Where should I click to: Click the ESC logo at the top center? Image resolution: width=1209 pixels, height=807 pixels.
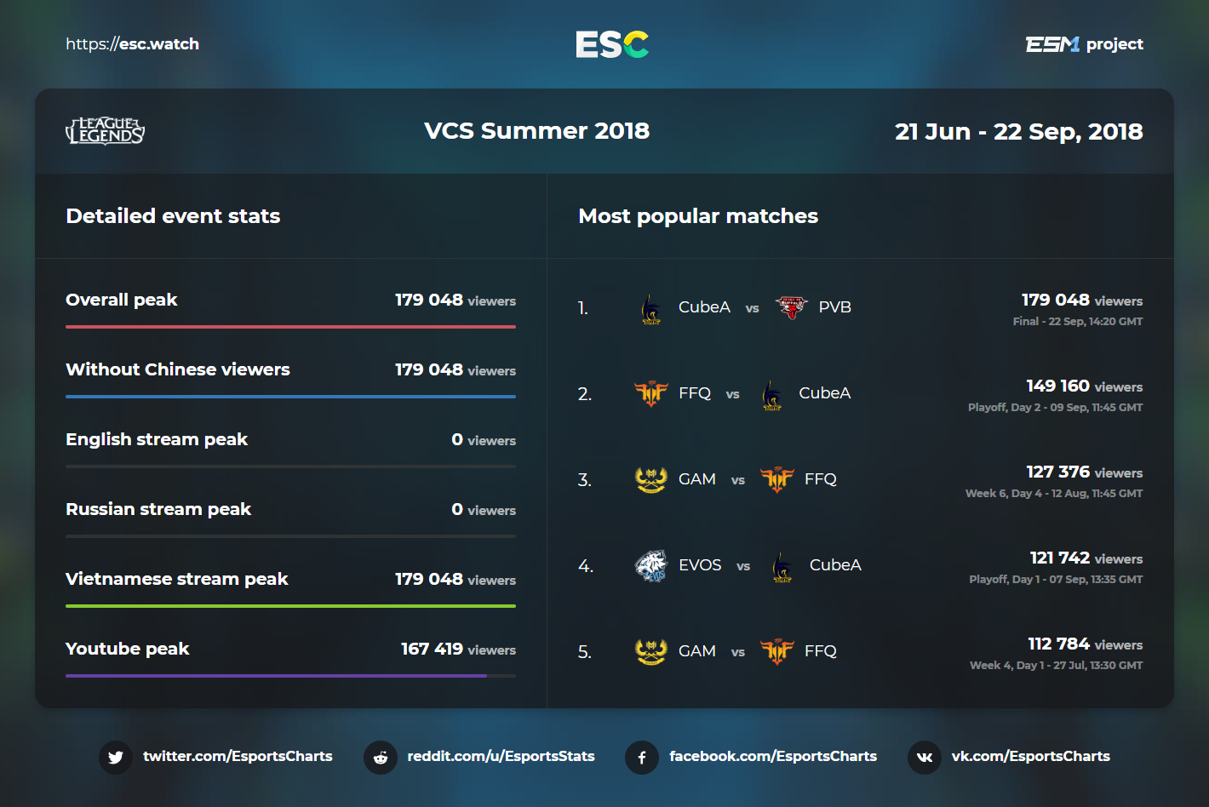pos(612,44)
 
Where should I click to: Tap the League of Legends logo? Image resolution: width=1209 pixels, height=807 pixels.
pos(106,130)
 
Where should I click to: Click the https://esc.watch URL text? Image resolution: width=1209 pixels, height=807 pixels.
pos(132,44)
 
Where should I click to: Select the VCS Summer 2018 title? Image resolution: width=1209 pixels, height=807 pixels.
pos(536,131)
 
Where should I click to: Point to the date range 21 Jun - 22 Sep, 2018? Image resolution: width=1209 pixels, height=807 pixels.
pos(1018,132)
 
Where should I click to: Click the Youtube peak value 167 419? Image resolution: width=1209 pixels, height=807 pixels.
pos(432,649)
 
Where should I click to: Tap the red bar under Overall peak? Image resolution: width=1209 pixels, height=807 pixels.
pos(290,327)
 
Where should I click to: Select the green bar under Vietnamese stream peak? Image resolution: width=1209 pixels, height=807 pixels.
pos(290,605)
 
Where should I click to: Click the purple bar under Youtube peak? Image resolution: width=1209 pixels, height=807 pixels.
pos(276,675)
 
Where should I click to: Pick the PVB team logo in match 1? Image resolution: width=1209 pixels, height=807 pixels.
pos(791,307)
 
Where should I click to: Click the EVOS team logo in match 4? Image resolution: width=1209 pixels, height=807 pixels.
pos(651,566)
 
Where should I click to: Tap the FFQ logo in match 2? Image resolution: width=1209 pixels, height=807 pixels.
pos(651,393)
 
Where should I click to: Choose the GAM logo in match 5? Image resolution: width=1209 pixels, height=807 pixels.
pos(651,651)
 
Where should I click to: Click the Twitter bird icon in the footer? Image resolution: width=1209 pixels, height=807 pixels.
pos(116,758)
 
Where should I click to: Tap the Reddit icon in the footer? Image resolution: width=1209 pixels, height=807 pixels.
pos(381,758)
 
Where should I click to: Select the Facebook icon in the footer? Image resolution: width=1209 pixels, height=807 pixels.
pos(642,758)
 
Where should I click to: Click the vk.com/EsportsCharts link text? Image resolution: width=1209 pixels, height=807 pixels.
pos(1030,756)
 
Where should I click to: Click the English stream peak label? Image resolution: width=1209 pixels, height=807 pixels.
pos(157,439)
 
